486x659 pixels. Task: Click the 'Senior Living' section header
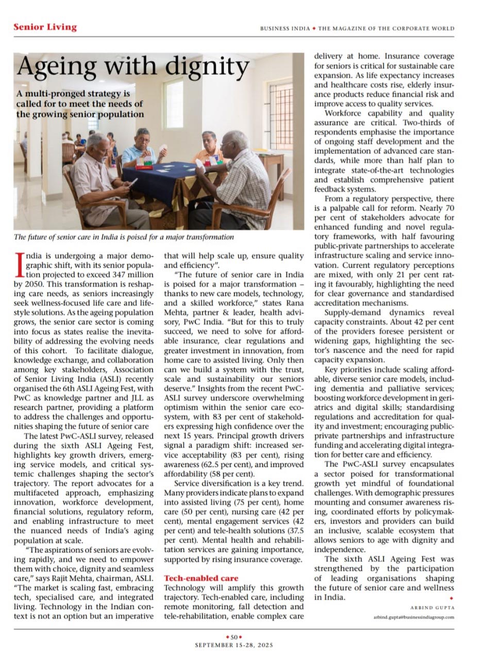[x=45, y=27]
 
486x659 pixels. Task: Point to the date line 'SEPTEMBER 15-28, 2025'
[x=234, y=645]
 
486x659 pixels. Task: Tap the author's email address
[x=414, y=617]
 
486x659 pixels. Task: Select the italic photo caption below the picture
[x=124, y=237]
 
